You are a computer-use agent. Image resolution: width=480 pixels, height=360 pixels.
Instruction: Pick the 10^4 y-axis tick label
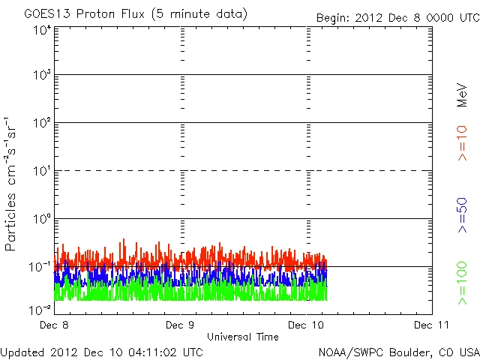tap(41, 30)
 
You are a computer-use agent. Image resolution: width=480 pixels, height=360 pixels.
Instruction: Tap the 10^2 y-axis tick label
tap(41, 124)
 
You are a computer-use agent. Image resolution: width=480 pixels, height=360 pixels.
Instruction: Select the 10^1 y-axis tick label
tap(41, 172)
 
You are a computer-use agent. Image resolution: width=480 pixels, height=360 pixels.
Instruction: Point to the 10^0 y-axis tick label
tap(41, 220)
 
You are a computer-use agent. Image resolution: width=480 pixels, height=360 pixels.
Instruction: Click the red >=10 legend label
tap(462, 143)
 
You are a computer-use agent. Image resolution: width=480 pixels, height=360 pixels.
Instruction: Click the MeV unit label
tap(462, 94)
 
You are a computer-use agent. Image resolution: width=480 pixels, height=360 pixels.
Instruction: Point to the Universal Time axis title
tap(243, 337)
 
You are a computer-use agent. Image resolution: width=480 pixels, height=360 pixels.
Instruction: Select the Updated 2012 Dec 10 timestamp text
tap(101, 351)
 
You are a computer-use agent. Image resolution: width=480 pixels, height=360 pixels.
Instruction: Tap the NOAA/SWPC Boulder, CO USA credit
tap(398, 351)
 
